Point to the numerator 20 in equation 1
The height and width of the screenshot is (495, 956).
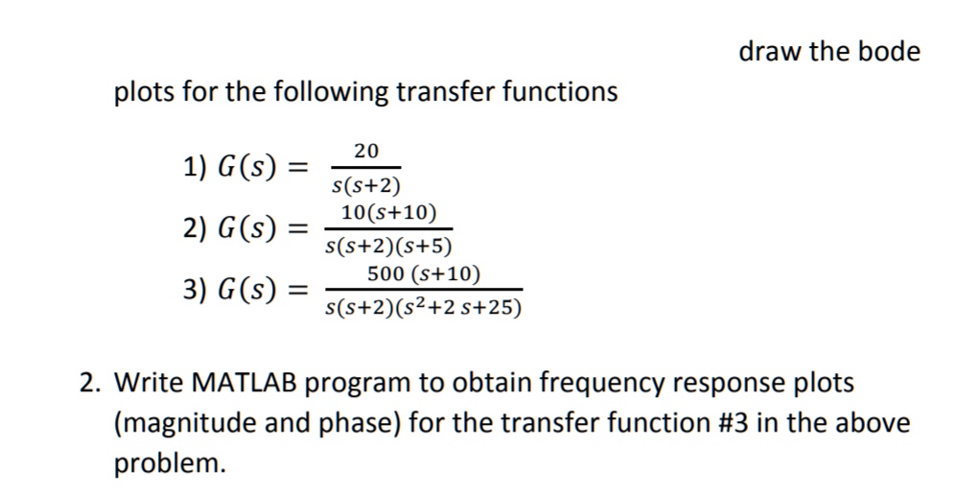pyautogui.click(x=365, y=151)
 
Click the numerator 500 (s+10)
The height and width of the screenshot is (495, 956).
pyautogui.click(x=423, y=274)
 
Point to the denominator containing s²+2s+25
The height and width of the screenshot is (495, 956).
pyautogui.click(x=423, y=308)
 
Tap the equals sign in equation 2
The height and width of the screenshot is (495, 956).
pyautogui.click(x=298, y=230)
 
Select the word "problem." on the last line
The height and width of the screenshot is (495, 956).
pyautogui.click(x=171, y=464)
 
